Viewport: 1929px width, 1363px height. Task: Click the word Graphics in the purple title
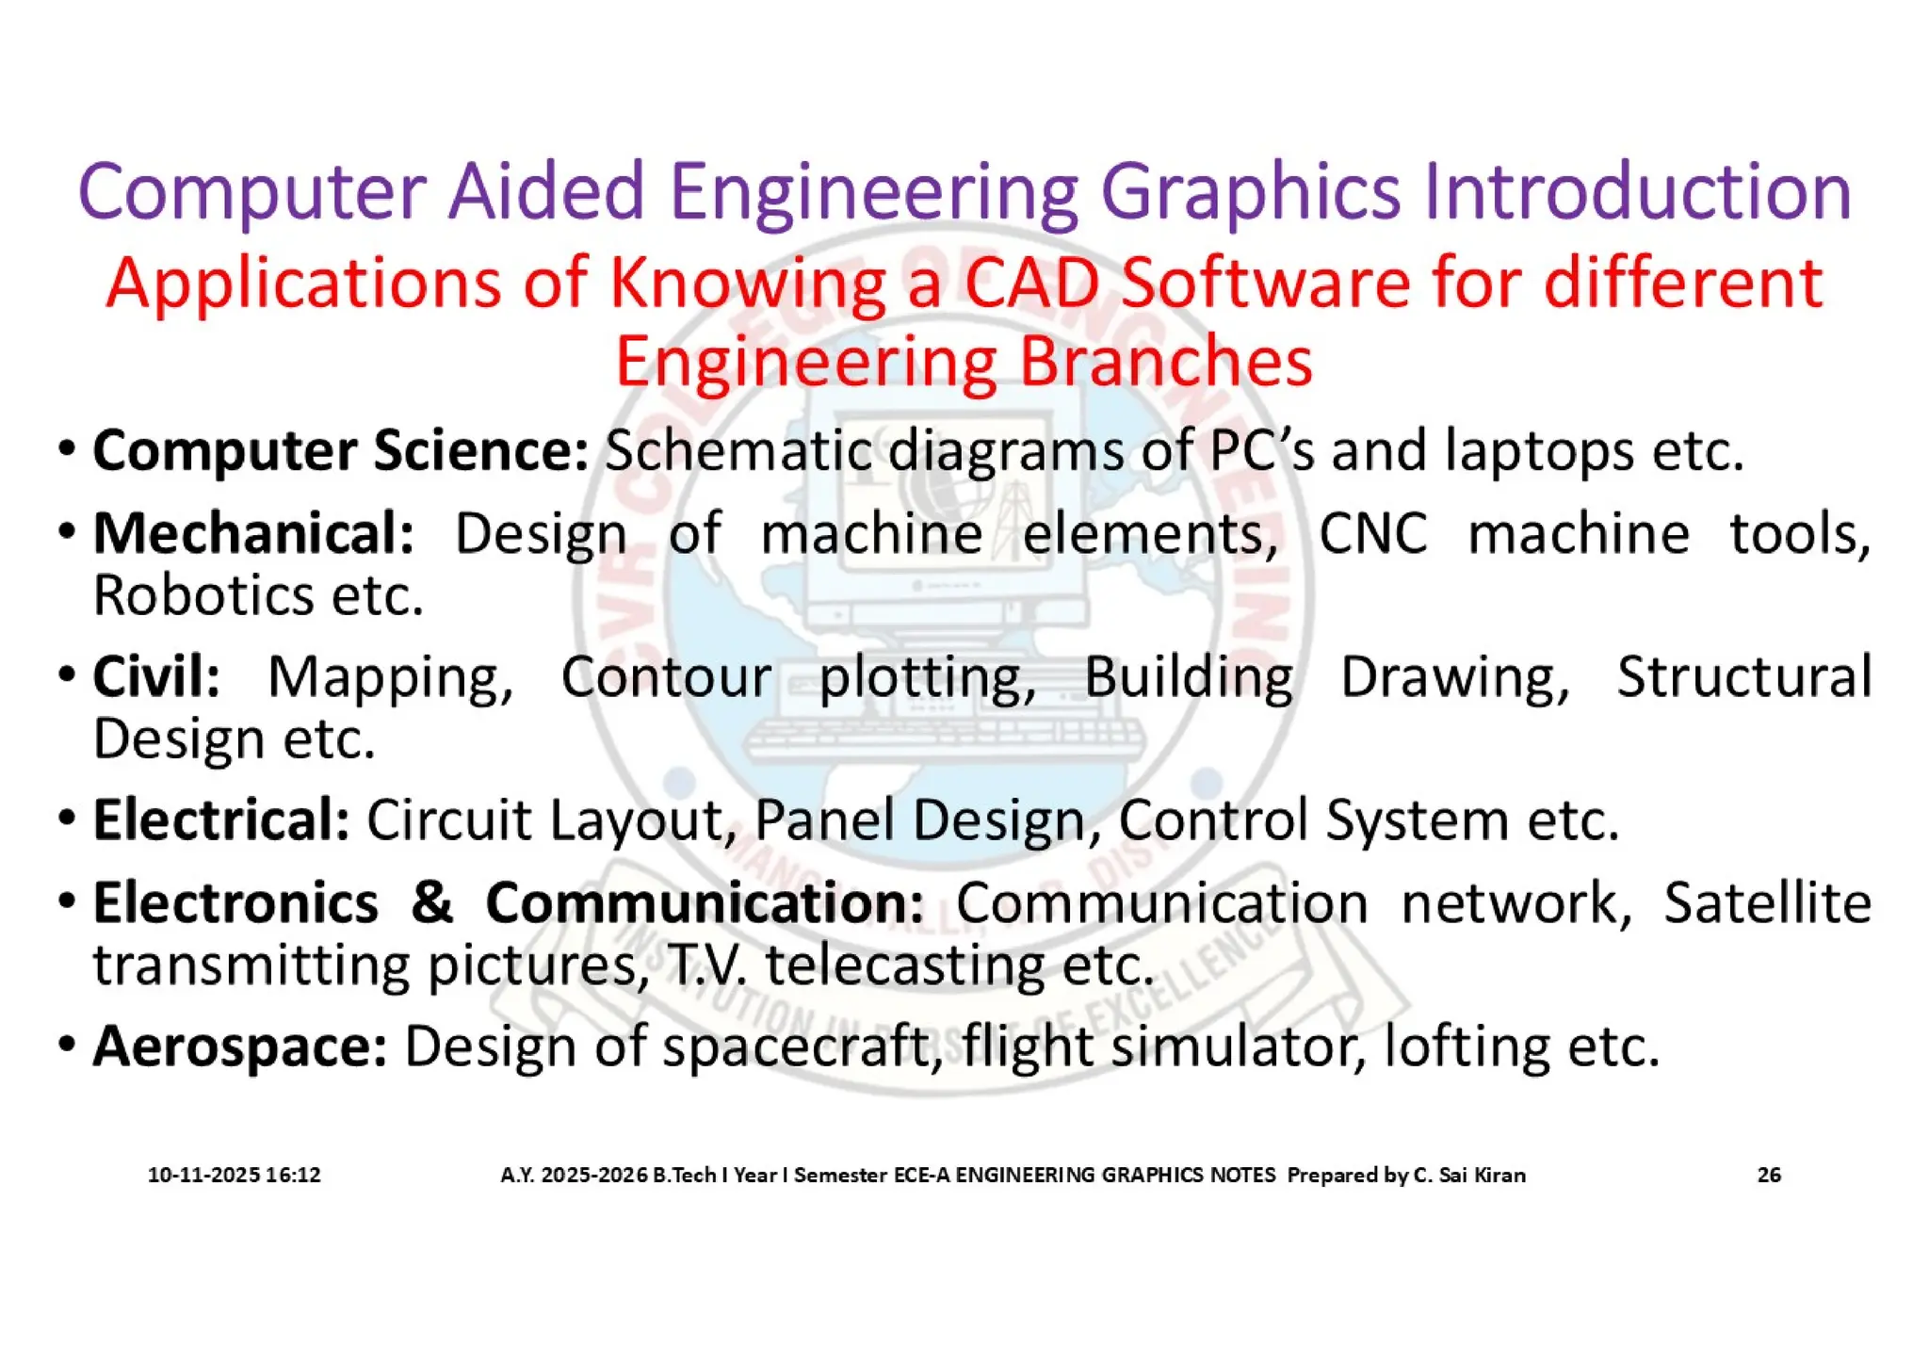coord(1253,193)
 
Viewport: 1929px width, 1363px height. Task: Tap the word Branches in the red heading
coord(1165,362)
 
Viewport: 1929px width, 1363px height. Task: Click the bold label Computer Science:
coord(340,450)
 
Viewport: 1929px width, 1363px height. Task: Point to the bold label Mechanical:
coord(253,534)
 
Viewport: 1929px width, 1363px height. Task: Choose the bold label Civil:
coord(156,676)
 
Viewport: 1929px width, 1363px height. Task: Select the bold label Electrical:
coord(221,819)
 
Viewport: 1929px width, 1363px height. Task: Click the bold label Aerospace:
coord(239,1047)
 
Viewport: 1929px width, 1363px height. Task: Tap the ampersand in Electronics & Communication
coord(431,902)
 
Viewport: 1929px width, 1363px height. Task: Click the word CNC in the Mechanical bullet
coord(1372,534)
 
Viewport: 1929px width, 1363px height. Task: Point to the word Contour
coord(666,676)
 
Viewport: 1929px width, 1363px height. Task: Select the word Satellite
coord(1767,902)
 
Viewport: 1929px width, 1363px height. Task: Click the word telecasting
coord(905,965)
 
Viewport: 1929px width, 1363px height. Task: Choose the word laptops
coord(1540,450)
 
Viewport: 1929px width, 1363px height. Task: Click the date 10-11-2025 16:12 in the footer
coord(235,1175)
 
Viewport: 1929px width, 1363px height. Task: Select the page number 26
coord(1769,1175)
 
